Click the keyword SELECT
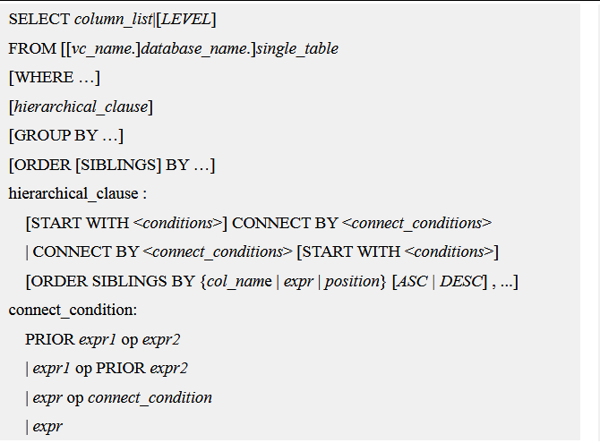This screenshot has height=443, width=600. click(x=39, y=19)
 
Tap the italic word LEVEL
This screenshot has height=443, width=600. click(x=186, y=19)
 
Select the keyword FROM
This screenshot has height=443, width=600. click(x=32, y=48)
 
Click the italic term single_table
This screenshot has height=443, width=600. click(x=297, y=49)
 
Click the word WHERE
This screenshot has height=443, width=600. click(x=44, y=77)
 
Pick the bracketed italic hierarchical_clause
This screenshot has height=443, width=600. click(x=81, y=106)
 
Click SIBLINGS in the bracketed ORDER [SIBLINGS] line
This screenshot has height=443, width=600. click(x=118, y=165)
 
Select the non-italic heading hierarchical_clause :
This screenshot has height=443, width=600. click(x=78, y=193)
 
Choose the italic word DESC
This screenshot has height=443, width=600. click(x=460, y=282)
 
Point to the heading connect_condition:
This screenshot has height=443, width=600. click(x=73, y=310)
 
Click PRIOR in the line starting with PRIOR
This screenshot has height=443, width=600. click(x=50, y=339)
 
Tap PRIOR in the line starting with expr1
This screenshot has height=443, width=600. click(x=121, y=368)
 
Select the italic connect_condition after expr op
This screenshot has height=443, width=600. click(x=150, y=398)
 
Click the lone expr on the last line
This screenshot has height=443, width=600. click(x=47, y=427)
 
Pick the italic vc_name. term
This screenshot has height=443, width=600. click(x=102, y=49)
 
